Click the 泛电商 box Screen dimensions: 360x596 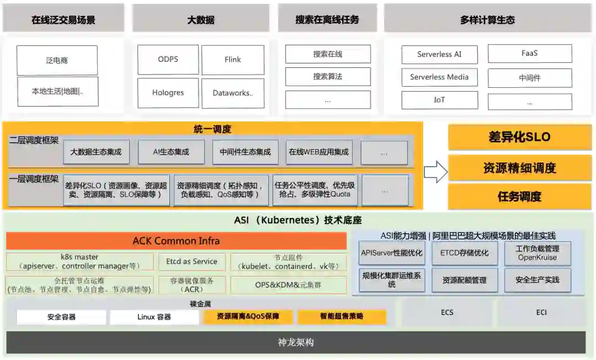tap(57, 60)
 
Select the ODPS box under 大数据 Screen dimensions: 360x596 tap(168, 60)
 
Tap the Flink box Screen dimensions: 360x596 tap(232, 60)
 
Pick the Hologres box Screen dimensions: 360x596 tap(168, 93)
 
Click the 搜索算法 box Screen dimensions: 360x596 tap(328, 77)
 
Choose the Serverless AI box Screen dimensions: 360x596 tap(439, 55)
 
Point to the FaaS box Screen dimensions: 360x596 tap(529, 54)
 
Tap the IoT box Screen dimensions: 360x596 tap(439, 100)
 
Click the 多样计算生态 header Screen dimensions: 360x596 tap(487, 20)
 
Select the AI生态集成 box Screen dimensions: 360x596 tap(171, 152)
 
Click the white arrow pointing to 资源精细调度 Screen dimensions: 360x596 tap(435, 172)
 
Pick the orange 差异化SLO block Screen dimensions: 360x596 tap(519, 137)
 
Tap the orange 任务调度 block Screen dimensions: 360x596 tap(519, 197)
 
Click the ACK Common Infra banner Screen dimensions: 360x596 tap(176, 241)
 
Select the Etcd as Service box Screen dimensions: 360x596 tap(191, 262)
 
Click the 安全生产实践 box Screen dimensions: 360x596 tap(537, 280)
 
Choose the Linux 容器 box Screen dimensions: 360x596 tap(154, 317)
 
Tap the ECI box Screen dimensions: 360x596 tap(541, 313)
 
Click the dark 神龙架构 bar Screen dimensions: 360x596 tap(296, 342)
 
